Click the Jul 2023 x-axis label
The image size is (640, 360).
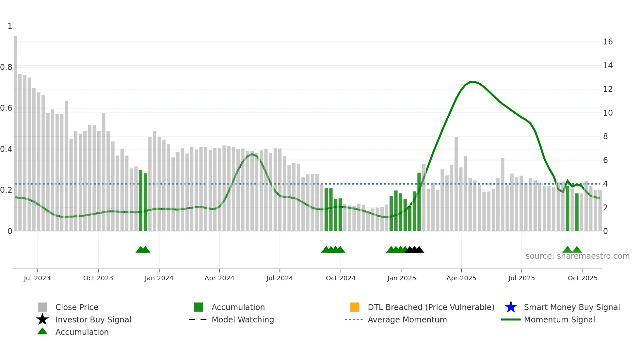[37, 278]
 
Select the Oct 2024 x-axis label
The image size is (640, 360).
[341, 278]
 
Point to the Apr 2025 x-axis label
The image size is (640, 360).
[461, 278]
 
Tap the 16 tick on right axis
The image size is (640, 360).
[608, 42]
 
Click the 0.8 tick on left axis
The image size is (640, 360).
[6, 67]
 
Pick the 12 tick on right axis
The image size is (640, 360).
[608, 89]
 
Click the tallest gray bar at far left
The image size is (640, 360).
[15, 131]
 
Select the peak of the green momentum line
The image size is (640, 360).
[472, 82]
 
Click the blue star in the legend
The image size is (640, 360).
[511, 307]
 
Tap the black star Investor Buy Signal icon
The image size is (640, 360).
[42, 319]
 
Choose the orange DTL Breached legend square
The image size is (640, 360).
[355, 307]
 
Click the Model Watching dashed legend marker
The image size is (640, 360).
[198, 319]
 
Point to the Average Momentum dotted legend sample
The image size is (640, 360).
[354, 319]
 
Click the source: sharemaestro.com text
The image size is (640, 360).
[577, 256]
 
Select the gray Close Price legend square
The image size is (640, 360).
[42, 307]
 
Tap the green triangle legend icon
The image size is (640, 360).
[42, 332]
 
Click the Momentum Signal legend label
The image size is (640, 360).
[559, 319]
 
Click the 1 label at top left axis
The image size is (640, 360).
[10, 26]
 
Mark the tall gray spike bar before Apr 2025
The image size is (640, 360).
[456, 183]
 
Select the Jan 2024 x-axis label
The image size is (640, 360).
[159, 278]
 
